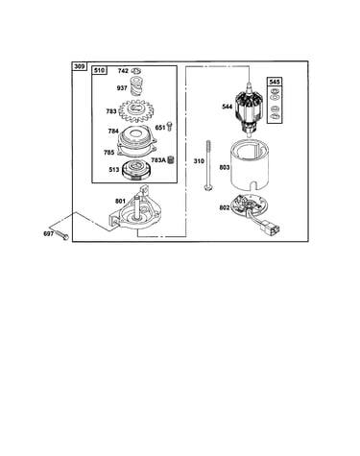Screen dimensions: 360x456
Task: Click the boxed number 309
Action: click(x=80, y=66)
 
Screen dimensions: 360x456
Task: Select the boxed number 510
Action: click(x=100, y=70)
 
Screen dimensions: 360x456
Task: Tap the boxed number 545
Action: click(x=275, y=82)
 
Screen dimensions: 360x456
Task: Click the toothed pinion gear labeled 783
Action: click(x=136, y=110)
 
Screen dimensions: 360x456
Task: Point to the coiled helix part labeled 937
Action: click(x=137, y=85)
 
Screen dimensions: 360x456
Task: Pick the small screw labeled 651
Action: click(x=169, y=127)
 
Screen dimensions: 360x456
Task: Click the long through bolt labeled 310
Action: click(x=208, y=165)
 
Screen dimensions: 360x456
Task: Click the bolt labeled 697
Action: click(x=62, y=235)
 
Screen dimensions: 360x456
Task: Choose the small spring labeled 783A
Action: click(x=171, y=159)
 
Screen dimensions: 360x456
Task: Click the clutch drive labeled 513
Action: click(x=136, y=170)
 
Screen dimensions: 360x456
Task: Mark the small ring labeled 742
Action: click(x=137, y=71)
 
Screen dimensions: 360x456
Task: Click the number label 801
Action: click(x=120, y=201)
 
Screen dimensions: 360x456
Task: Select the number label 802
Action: click(x=225, y=207)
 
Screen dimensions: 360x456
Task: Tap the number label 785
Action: click(x=108, y=153)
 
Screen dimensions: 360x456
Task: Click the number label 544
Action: click(x=228, y=107)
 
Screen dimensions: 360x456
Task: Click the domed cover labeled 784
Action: click(x=137, y=136)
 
